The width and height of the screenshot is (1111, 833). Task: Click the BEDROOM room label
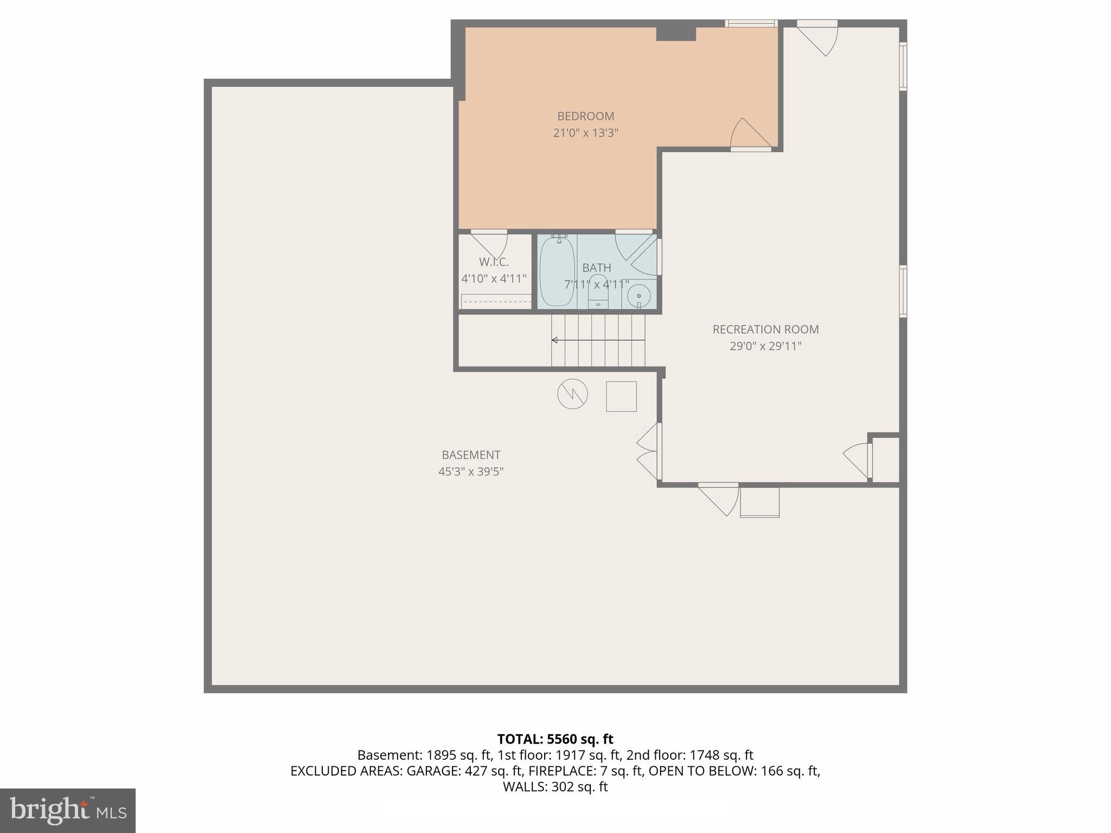(x=585, y=116)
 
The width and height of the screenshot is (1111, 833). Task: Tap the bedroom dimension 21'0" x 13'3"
(x=585, y=133)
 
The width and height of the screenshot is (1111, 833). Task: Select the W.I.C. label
(x=494, y=262)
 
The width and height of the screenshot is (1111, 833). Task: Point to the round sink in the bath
(x=639, y=296)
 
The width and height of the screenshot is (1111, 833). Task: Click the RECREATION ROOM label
(x=765, y=329)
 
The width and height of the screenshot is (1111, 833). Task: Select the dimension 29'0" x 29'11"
(x=765, y=346)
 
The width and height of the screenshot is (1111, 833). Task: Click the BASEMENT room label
(x=470, y=455)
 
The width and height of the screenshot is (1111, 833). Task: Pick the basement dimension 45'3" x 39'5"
(x=470, y=472)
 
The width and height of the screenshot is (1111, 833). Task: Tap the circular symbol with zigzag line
(x=572, y=394)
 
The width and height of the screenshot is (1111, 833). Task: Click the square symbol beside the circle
(x=621, y=396)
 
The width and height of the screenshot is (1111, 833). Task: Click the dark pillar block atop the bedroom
(x=676, y=33)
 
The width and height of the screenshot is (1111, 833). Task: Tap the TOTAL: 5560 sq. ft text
(x=555, y=739)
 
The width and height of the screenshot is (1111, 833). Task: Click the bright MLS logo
(x=67, y=810)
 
